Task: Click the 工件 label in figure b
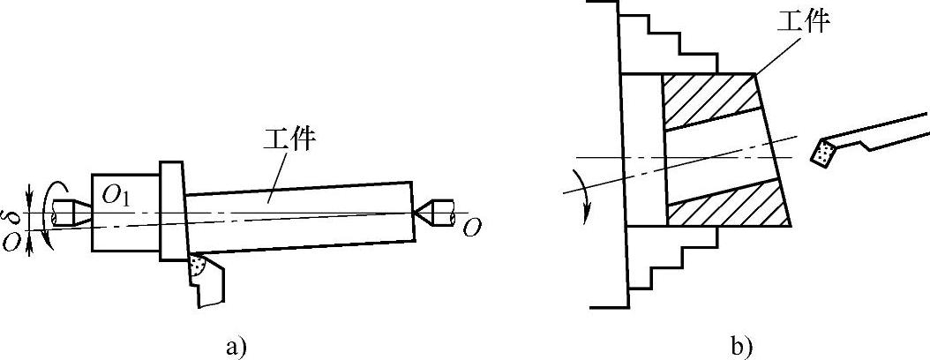802,19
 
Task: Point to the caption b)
742,346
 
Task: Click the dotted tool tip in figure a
198,265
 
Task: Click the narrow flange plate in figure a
172,212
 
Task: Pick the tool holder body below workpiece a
213,282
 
